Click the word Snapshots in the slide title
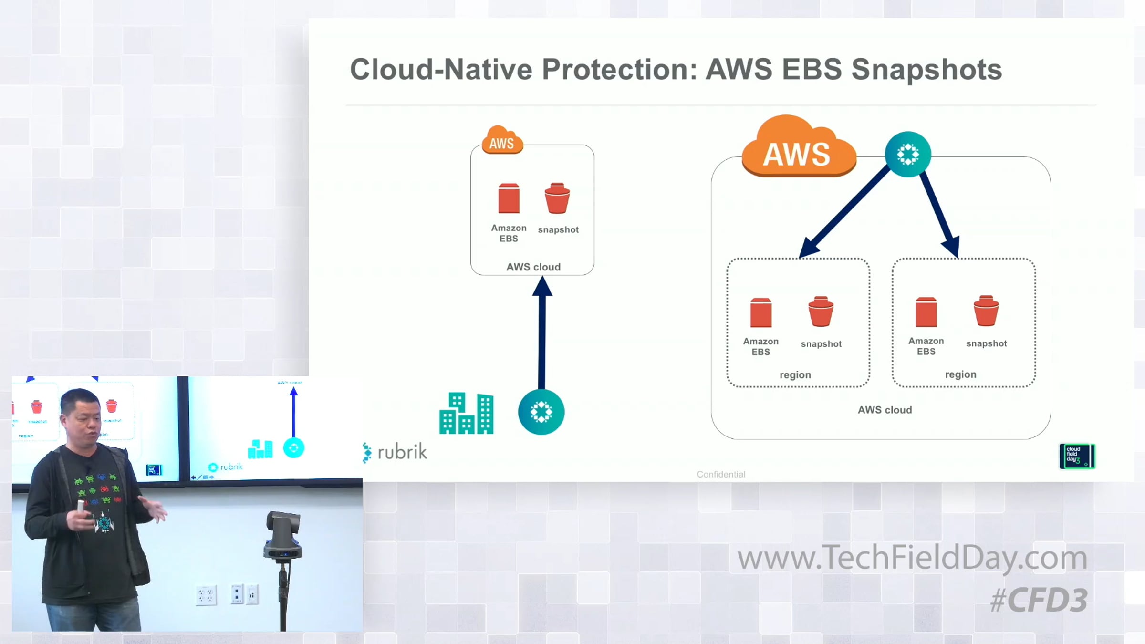(926, 70)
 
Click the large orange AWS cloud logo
(798, 149)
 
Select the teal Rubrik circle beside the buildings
(541, 412)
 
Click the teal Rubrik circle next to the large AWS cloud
(907, 154)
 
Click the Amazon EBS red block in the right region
(926, 312)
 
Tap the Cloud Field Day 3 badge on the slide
(1077, 456)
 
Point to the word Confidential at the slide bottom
(721, 474)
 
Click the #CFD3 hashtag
(1039, 600)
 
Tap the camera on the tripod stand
(283, 534)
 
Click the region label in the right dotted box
(960, 374)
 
